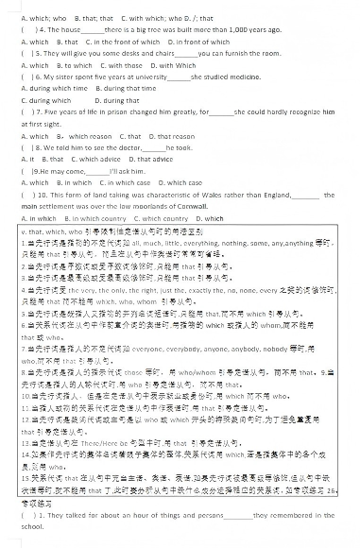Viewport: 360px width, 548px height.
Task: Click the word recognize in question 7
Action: tap(290, 112)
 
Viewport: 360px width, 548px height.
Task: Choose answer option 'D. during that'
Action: tap(118, 100)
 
